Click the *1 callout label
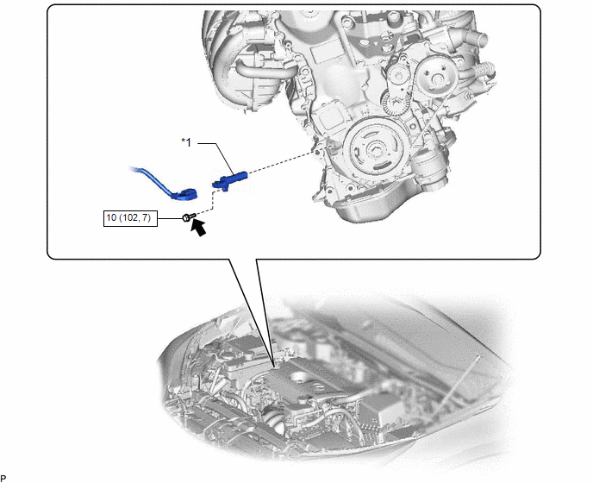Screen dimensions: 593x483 tap(186, 142)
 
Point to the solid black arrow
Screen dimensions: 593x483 tap(198, 228)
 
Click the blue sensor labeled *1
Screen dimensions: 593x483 tap(229, 179)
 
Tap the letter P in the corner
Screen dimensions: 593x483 tap(3, 479)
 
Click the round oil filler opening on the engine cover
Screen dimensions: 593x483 tap(299, 377)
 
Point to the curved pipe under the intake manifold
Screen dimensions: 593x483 tap(261, 70)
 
